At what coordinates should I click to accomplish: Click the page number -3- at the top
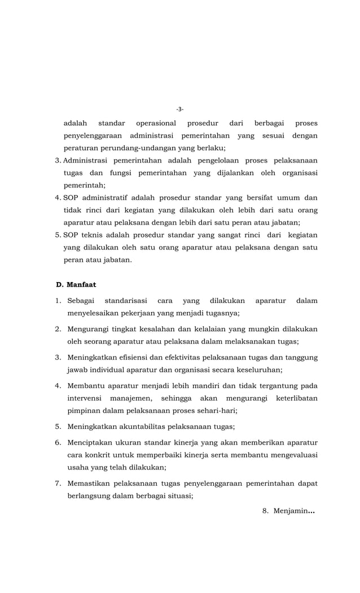(x=180, y=109)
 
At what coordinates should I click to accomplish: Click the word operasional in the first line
(x=156, y=123)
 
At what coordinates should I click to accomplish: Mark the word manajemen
(x=126, y=398)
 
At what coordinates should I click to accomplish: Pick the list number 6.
(x=58, y=442)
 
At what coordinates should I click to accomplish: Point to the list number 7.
(x=58, y=484)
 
